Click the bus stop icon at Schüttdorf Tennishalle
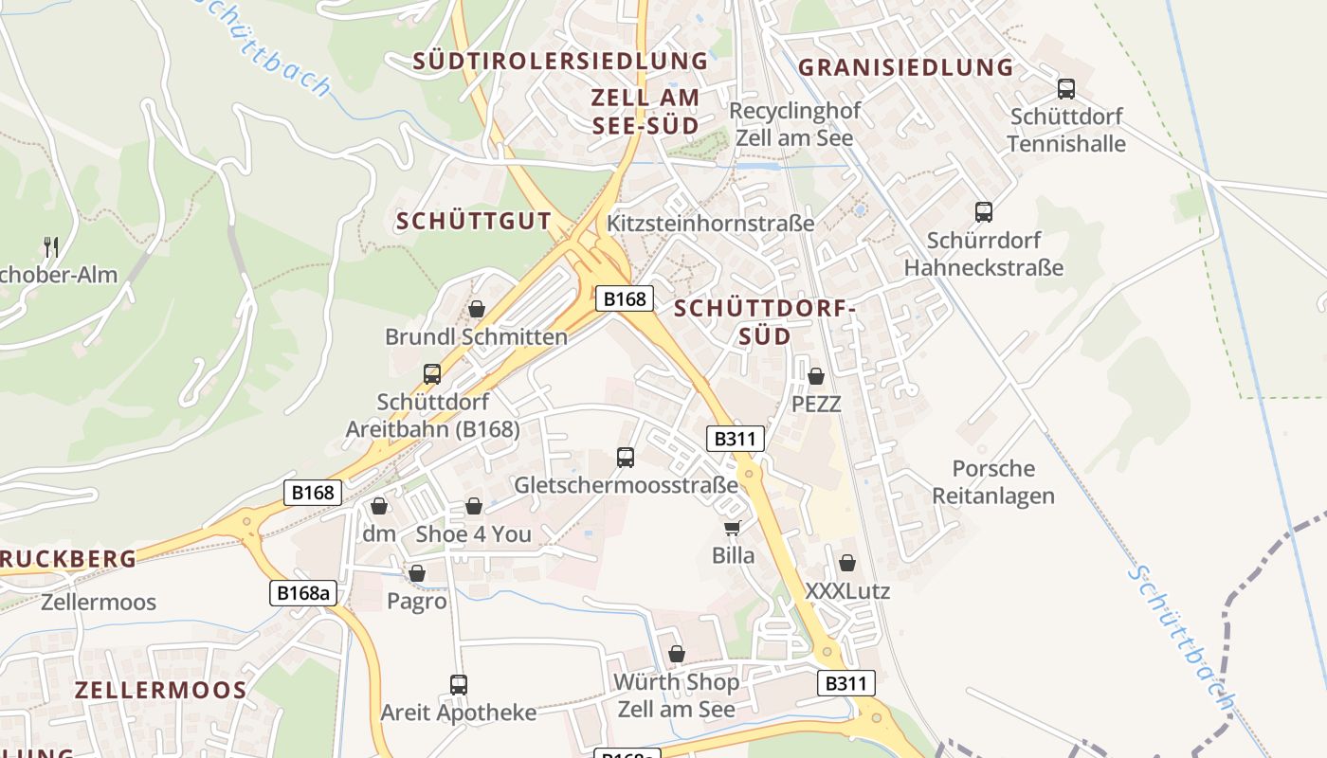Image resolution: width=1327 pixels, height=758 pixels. click(x=1066, y=89)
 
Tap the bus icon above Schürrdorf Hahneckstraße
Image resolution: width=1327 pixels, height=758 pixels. click(x=984, y=212)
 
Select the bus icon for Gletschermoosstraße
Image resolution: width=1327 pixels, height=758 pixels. click(x=626, y=458)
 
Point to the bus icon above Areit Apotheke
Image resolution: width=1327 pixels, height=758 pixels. click(x=459, y=684)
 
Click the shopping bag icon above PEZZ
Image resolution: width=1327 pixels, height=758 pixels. click(x=816, y=376)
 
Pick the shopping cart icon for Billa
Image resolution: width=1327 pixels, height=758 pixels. click(x=732, y=528)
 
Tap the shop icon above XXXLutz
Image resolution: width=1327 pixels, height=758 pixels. click(x=847, y=563)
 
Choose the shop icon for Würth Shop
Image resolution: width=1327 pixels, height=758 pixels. click(x=677, y=654)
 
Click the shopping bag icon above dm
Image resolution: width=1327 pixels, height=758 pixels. click(x=379, y=506)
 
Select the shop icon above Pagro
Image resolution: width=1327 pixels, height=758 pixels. click(x=416, y=573)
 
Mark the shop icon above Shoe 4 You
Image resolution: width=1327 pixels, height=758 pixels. click(x=474, y=506)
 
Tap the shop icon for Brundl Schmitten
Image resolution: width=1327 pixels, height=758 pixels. click(x=476, y=309)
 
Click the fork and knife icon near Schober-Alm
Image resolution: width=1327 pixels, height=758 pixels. click(x=51, y=247)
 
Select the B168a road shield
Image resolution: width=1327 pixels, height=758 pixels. click(x=303, y=593)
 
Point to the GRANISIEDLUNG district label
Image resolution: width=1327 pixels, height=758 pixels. click(x=906, y=67)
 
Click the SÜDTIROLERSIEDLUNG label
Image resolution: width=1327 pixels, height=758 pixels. click(x=560, y=61)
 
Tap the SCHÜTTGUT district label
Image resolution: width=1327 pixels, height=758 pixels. click(x=474, y=221)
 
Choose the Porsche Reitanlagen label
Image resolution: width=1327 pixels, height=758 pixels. click(x=993, y=482)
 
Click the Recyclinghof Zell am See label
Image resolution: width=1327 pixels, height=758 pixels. click(x=794, y=124)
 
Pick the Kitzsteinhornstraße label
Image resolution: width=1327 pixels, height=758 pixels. click(x=710, y=224)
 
